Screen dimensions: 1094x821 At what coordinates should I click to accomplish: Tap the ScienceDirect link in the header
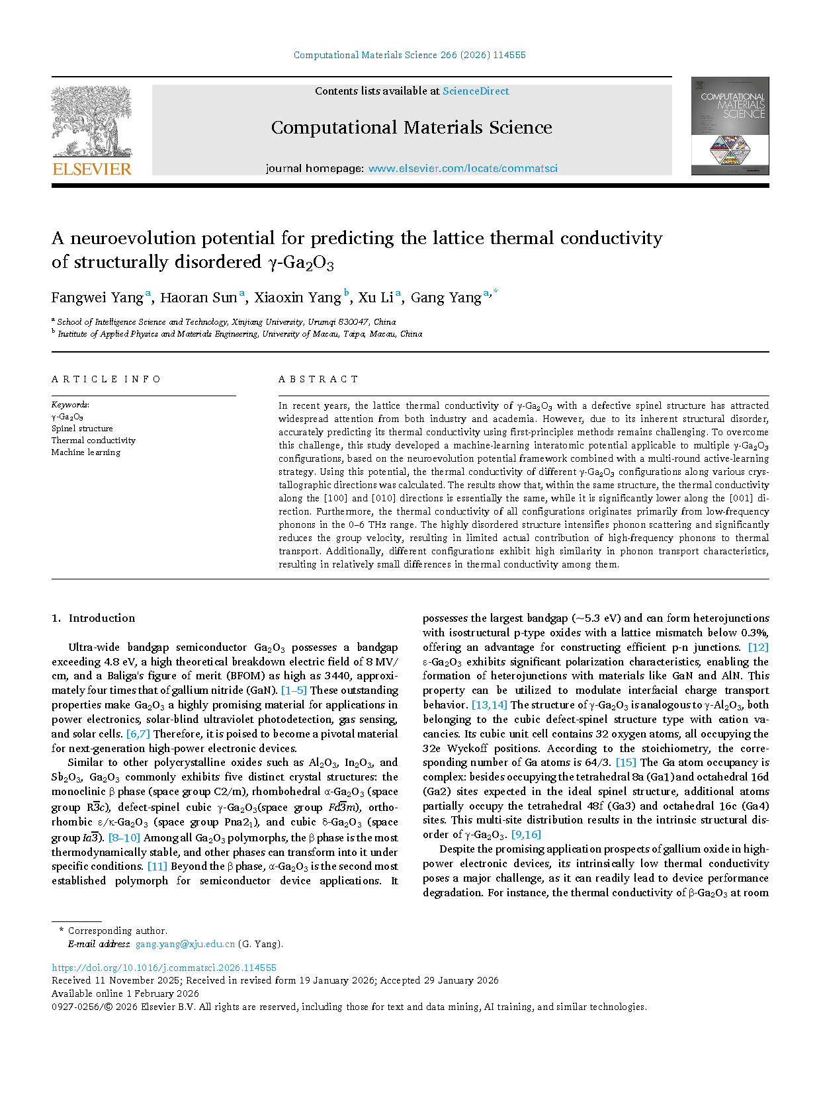click(476, 91)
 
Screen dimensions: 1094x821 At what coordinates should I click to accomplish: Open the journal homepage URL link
click(462, 169)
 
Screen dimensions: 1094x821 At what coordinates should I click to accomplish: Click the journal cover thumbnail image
click(730, 126)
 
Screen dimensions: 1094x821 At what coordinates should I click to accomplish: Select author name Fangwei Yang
click(97, 298)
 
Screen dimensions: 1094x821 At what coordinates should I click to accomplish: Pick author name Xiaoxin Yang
click(298, 298)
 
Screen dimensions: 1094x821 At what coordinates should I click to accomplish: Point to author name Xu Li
click(375, 298)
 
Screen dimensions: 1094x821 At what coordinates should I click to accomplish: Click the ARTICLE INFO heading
click(107, 379)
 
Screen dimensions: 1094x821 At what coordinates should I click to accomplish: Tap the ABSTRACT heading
click(318, 379)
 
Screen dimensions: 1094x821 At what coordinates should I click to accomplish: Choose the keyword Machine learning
click(86, 452)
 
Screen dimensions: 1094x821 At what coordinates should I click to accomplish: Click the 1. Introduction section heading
click(93, 618)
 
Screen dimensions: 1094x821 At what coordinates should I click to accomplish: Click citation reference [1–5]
click(294, 691)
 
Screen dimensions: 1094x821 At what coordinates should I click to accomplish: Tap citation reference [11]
click(157, 866)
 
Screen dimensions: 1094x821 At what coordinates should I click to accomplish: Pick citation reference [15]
click(626, 763)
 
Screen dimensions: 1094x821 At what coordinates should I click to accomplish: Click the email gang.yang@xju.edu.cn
click(185, 944)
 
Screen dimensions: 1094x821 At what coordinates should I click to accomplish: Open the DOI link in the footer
click(164, 968)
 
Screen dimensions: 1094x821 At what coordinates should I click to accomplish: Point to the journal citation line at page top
click(410, 56)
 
